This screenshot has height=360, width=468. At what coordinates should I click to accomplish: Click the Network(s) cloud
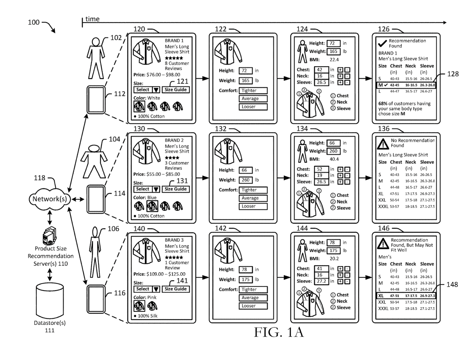tap(50, 199)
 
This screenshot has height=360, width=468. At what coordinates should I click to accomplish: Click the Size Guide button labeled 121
tap(175, 90)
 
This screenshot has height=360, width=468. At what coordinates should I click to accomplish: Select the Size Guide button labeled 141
tap(175, 289)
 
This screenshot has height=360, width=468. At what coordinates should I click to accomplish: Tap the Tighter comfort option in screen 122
tap(253, 91)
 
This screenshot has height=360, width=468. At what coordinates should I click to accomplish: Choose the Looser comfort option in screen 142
tap(253, 306)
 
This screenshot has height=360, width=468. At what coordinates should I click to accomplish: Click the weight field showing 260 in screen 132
tap(246, 180)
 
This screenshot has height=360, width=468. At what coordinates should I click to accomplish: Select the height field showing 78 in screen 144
tap(333, 243)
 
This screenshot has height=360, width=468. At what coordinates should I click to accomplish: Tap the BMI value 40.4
tap(334, 159)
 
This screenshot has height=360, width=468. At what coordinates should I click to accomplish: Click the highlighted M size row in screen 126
tap(406, 85)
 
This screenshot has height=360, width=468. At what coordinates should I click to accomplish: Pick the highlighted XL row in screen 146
tap(406, 296)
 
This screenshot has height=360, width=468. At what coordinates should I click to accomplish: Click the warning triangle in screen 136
tap(383, 143)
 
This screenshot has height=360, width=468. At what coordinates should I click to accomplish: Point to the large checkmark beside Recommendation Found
tap(382, 44)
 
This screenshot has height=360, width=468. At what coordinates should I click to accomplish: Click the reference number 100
tap(34, 22)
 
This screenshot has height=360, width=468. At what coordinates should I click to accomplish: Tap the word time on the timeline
tap(92, 19)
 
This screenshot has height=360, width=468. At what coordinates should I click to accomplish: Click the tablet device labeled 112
tap(96, 100)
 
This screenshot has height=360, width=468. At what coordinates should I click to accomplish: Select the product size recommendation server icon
tap(49, 236)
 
